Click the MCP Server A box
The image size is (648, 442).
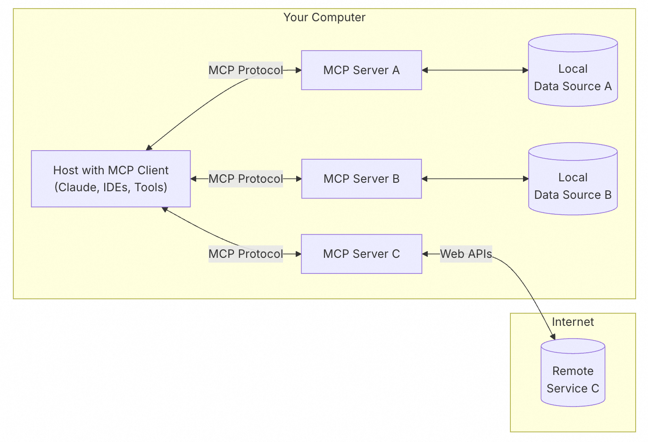click(x=361, y=70)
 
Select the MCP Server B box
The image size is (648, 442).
click(x=361, y=178)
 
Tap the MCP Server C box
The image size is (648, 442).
click(x=361, y=254)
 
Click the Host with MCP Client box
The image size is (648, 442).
click(x=111, y=178)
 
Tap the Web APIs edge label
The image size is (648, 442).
click(x=466, y=254)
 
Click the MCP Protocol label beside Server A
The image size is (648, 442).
click(x=246, y=70)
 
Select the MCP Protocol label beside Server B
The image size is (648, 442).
click(x=246, y=178)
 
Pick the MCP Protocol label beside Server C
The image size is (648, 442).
click(x=246, y=254)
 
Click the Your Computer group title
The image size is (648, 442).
click(x=324, y=17)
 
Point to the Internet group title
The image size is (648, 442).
click(x=573, y=322)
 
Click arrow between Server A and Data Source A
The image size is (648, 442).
click(x=475, y=70)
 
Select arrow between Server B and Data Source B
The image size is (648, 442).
click(x=475, y=178)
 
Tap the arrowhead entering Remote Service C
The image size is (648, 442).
click(x=553, y=337)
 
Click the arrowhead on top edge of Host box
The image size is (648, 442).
click(x=149, y=148)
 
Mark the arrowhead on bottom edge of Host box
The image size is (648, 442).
click(x=165, y=209)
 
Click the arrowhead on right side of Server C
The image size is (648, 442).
click(x=425, y=254)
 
